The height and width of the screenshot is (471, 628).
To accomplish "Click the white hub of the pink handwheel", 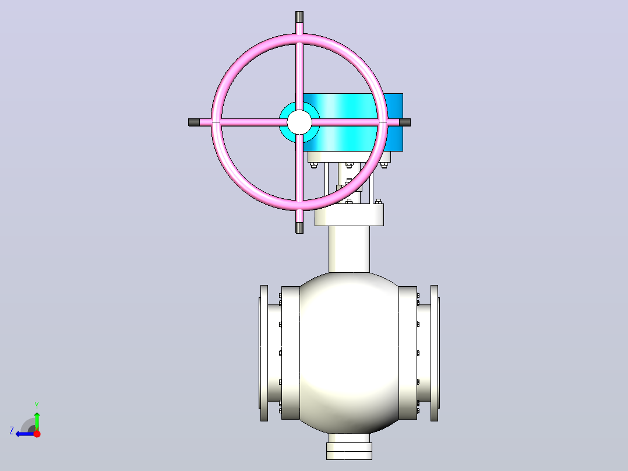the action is point(299,122).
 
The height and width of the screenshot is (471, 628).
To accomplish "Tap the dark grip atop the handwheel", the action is point(299,17).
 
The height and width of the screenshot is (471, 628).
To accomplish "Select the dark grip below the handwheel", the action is point(299,228).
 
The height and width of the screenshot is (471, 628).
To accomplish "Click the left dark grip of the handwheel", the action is point(194,122).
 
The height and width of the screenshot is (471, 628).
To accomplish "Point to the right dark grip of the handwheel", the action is point(405,122).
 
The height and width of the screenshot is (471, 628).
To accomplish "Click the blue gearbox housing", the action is point(352,122).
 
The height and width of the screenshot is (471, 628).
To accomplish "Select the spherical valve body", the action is point(349,353).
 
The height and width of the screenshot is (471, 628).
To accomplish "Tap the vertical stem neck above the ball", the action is point(350,249).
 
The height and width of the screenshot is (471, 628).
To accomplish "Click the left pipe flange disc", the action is point(264,353).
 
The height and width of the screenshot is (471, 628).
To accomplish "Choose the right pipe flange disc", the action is point(435,353).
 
